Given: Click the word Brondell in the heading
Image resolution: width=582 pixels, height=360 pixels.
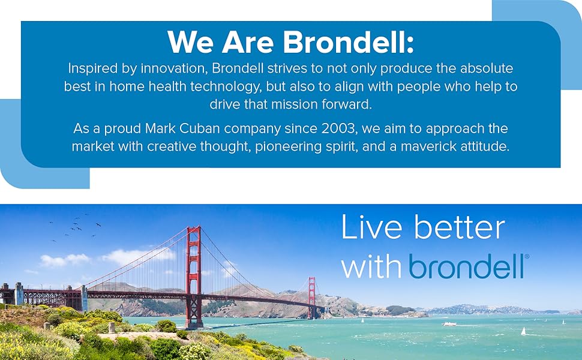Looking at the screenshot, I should point(349,42).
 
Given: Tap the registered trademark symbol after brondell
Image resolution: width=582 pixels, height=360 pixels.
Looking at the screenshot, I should point(527,257).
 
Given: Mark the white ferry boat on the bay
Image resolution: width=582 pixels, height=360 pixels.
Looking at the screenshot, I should point(449,324).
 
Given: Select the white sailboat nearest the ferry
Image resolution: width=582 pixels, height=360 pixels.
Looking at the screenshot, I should point(523,331).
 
